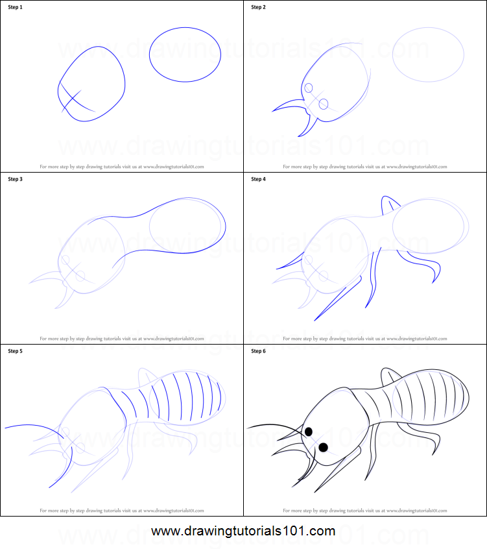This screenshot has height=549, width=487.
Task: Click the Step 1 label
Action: tap(15, 7)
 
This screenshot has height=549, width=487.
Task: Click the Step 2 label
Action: tap(258, 7)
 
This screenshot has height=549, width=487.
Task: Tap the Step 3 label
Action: tap(15, 179)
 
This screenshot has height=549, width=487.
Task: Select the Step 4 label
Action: tap(258, 179)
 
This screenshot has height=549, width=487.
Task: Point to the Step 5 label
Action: tap(15, 351)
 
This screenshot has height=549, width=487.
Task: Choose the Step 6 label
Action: tap(258, 351)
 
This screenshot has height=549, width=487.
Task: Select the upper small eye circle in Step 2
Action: tap(309, 88)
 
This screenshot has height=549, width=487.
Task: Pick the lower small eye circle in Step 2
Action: tap(324, 104)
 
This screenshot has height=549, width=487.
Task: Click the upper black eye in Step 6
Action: tap(309, 431)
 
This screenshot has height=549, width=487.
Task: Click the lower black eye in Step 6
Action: tap(323, 447)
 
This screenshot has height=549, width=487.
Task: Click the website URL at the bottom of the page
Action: tap(243, 531)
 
